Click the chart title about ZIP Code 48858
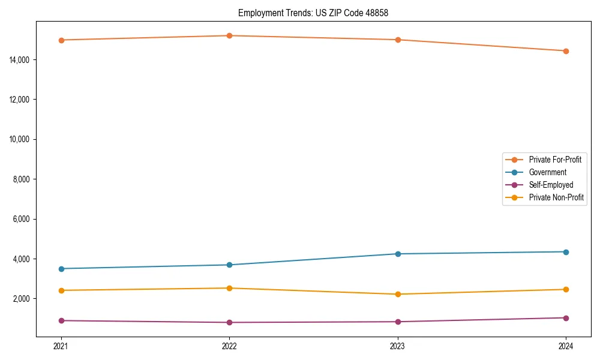[313, 13]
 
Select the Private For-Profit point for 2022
[229, 35]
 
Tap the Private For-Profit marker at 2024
[566, 51]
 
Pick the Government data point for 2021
[61, 269]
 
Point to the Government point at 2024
[566, 252]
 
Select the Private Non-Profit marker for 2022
[229, 288]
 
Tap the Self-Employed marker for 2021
[61, 320]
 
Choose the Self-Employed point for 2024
[566, 318]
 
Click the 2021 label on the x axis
[61, 346]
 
